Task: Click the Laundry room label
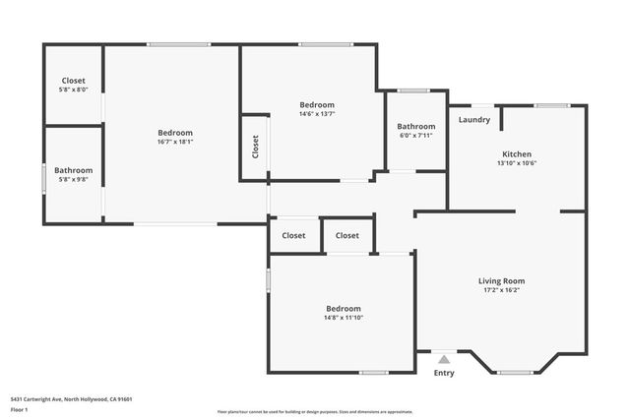click(474, 120)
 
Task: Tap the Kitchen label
click(517, 154)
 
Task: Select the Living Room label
click(501, 280)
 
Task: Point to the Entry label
click(444, 373)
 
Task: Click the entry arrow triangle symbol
click(444, 360)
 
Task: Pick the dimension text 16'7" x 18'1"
click(175, 142)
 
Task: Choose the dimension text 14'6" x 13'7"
click(317, 114)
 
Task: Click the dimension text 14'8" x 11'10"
click(344, 318)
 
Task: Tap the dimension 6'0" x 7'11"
click(415, 136)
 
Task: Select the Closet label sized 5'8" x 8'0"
click(74, 90)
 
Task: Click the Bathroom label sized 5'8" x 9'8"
click(74, 179)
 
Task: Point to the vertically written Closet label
click(256, 147)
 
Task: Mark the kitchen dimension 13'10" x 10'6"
click(517, 164)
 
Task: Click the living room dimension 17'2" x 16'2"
click(501, 290)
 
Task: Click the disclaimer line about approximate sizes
click(315, 410)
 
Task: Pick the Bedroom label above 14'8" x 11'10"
click(344, 308)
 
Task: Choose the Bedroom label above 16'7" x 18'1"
click(175, 132)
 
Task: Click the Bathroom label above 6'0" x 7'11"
click(415, 126)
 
